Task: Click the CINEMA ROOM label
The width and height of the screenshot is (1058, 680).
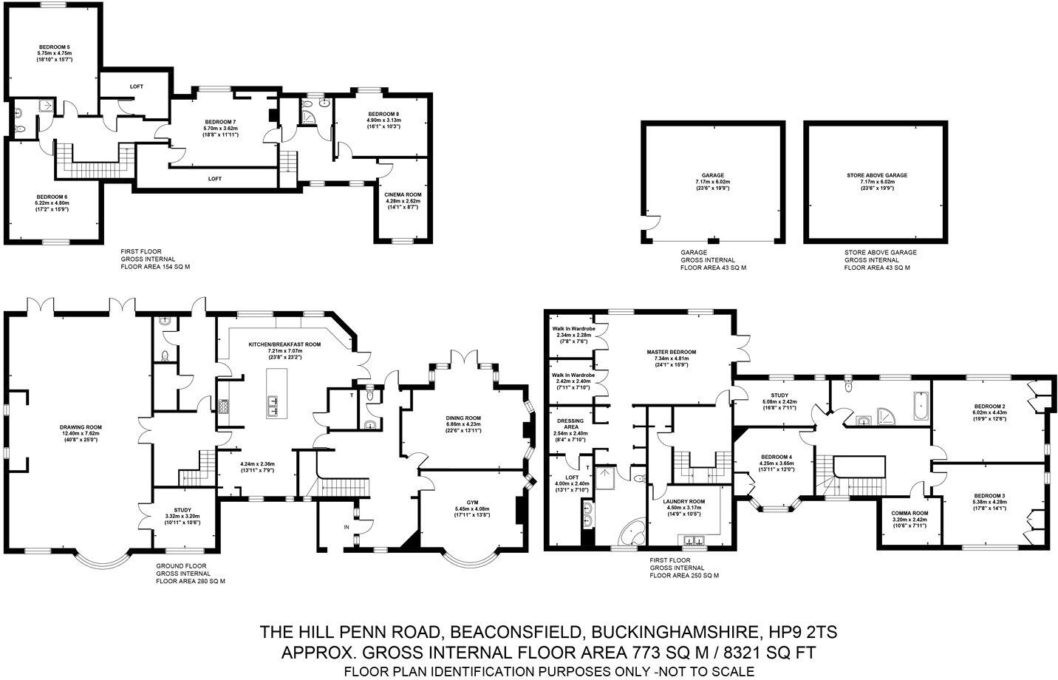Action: [x=402, y=194]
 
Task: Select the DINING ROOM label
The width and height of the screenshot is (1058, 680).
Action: [x=463, y=418]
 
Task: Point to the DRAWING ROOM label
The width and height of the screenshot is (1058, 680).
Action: [x=81, y=427]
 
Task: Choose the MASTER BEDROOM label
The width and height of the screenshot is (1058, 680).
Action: [x=671, y=352]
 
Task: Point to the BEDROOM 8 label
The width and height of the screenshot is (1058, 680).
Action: [x=382, y=113]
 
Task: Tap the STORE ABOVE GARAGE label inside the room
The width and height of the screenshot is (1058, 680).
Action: [x=876, y=175]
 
